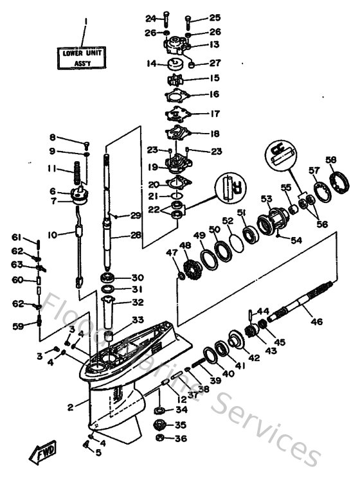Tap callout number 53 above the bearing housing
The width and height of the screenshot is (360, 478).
pyautogui.click(x=265, y=200)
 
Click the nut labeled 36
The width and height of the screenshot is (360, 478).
pyautogui.click(x=160, y=439)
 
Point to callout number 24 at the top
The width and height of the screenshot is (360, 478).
pyautogui.click(x=151, y=17)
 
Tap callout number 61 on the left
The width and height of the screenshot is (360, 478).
pyautogui.click(x=17, y=238)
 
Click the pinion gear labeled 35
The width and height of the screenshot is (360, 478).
pyautogui.click(x=160, y=425)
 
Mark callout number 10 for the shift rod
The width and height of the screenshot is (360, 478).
pyautogui.click(x=54, y=235)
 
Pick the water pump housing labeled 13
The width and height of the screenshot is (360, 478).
pyautogui.click(x=177, y=45)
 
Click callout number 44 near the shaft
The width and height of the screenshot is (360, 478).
pyautogui.click(x=264, y=311)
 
